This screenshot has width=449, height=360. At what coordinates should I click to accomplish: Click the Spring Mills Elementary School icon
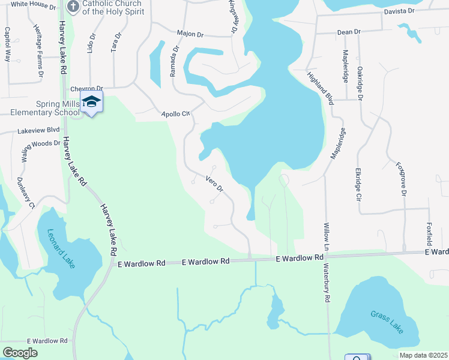[91, 102]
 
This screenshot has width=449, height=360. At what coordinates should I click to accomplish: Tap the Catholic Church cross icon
[73, 7]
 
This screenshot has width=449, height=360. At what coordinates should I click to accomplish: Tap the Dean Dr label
[349, 31]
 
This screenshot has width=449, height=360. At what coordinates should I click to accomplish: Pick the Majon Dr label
[191, 34]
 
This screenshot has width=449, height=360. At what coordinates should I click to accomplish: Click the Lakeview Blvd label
[39, 130]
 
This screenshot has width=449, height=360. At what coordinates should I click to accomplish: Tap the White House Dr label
[33, 4]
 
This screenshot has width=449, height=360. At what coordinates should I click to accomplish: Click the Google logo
[20, 353]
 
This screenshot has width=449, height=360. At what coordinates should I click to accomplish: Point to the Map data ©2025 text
[423, 355]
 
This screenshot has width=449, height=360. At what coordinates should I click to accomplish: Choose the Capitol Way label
[8, 44]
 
